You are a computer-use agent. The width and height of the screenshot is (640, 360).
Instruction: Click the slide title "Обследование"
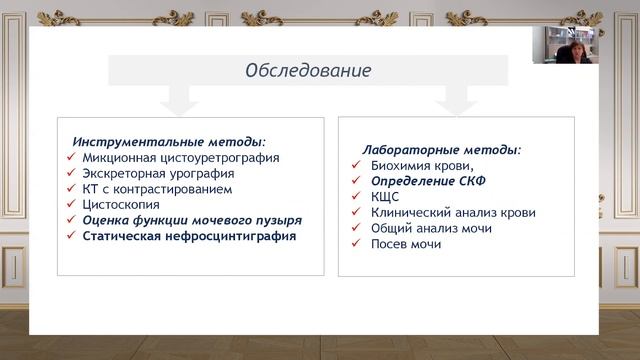(308, 71)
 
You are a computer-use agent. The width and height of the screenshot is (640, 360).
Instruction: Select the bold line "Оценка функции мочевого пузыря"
(192, 220)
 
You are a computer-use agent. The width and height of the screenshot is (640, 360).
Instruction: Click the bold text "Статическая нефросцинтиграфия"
(189, 236)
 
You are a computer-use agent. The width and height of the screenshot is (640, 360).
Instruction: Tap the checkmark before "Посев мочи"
(356, 245)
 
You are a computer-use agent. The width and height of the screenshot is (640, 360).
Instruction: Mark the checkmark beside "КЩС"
(356, 198)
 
